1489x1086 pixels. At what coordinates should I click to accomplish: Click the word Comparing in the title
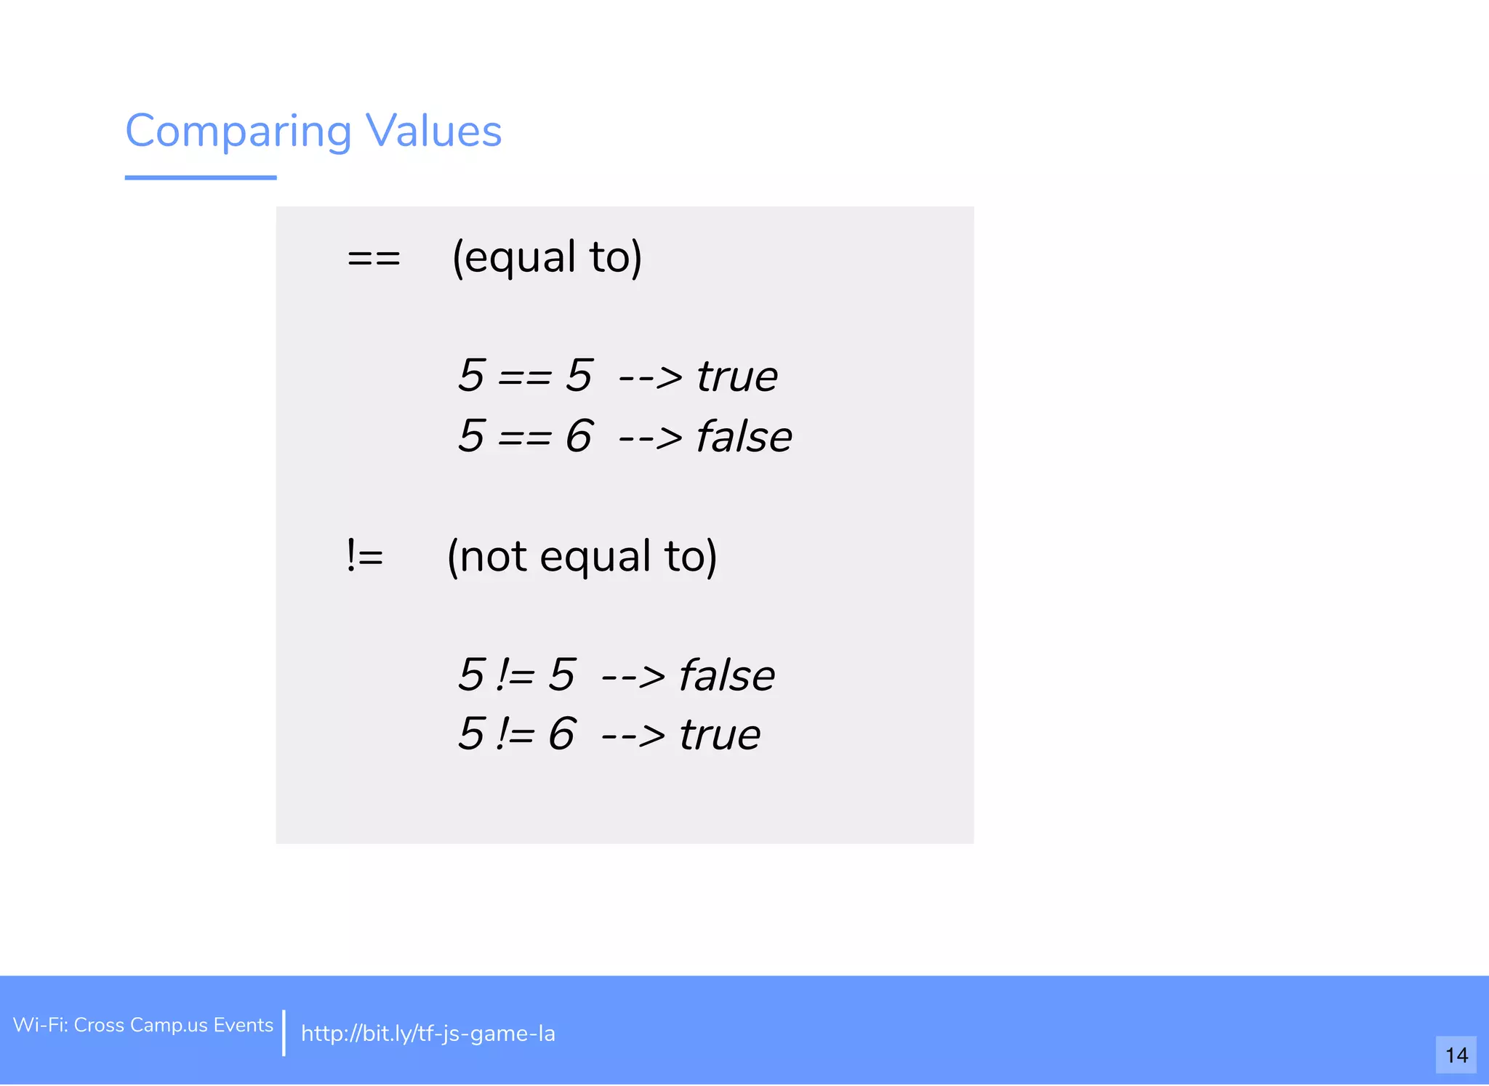[238, 132]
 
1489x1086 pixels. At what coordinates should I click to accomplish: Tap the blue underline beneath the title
[201, 177]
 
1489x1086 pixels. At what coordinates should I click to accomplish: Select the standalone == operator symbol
[374, 258]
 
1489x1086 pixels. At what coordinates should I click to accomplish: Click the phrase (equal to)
[547, 257]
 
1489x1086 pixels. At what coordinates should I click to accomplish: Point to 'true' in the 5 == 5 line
[737, 377]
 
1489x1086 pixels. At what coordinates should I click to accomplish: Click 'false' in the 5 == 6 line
[744, 437]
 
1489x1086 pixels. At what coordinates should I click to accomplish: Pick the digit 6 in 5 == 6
[579, 436]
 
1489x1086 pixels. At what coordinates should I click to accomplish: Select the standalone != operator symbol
[365, 557]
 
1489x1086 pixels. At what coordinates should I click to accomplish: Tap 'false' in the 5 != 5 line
[726, 675]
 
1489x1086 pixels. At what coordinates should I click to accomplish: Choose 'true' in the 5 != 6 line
[720, 735]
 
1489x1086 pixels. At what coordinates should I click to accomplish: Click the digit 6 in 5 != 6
[561, 734]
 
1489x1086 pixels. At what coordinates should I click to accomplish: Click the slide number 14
[1456, 1055]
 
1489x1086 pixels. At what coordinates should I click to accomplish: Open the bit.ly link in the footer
[428, 1033]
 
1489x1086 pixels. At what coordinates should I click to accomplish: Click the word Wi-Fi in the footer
[40, 1025]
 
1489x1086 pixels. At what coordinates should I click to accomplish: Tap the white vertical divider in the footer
[284, 1032]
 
